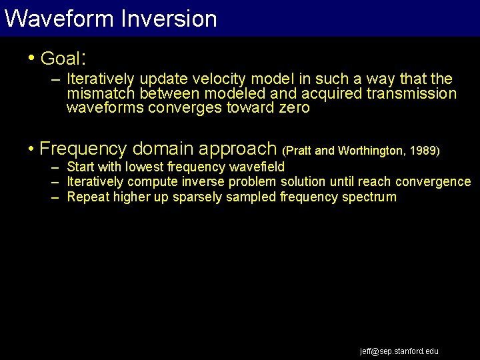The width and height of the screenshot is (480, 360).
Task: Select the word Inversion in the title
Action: pos(169,19)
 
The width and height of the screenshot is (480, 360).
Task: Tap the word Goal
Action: pos(60,59)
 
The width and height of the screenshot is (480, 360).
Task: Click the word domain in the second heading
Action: pos(171,148)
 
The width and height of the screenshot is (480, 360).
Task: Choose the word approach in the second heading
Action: pos(246,149)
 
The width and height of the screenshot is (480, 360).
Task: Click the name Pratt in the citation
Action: pos(299,151)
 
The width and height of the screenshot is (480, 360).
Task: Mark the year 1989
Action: pos(423,151)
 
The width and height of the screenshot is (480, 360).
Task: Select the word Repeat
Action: pos(88,197)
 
